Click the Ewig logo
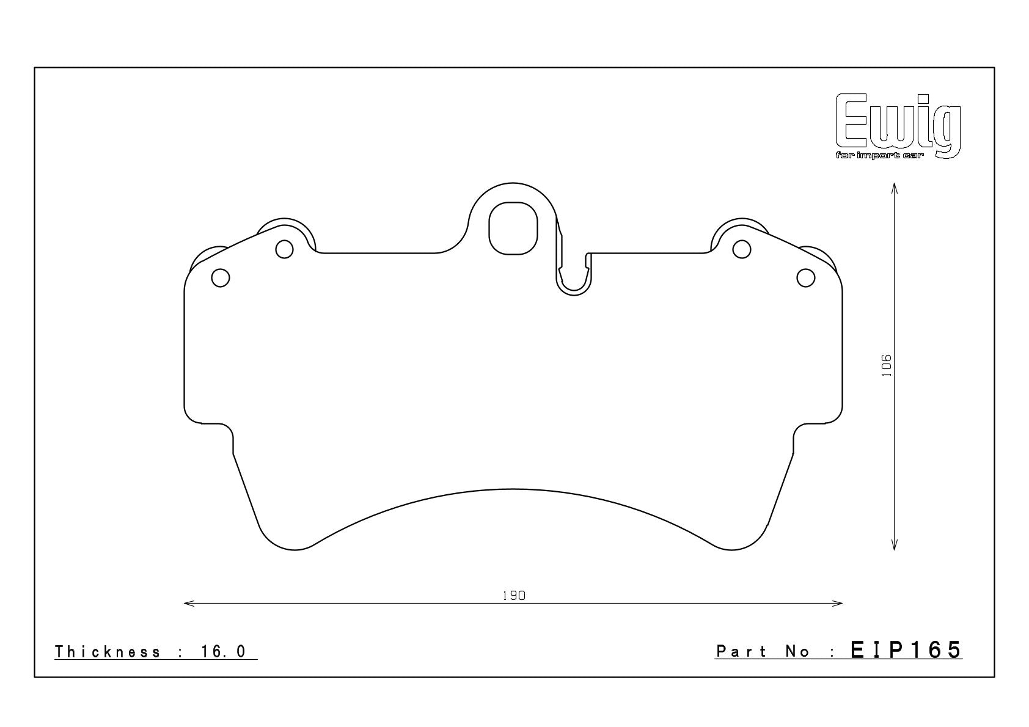(x=898, y=126)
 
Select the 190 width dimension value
(x=514, y=596)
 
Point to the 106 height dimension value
(x=887, y=365)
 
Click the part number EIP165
(x=906, y=650)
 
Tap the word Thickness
(x=108, y=651)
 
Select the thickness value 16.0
(x=224, y=651)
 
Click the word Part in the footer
(x=741, y=651)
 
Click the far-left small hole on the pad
(x=221, y=278)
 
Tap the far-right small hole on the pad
(x=806, y=278)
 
